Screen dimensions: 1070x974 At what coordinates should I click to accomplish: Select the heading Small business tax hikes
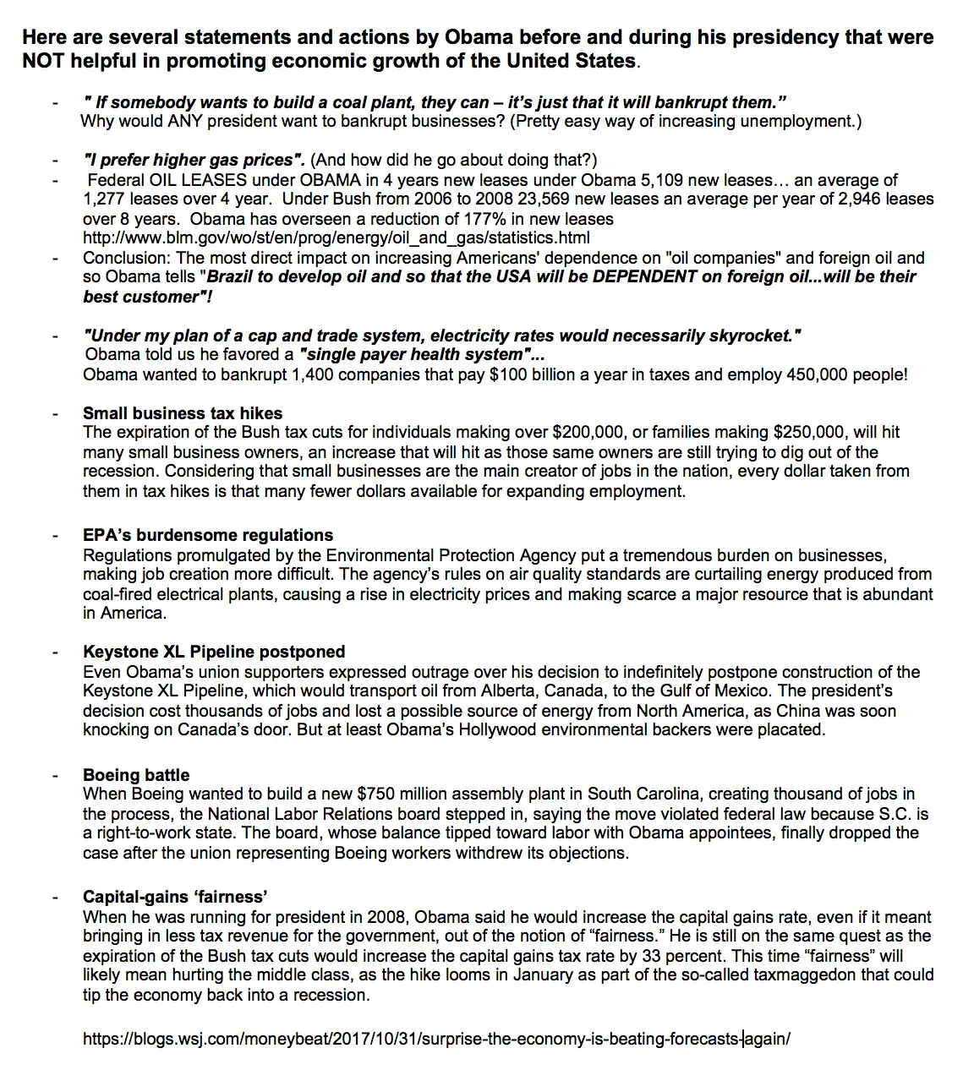pos(183,413)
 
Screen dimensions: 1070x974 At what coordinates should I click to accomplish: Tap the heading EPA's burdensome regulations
pos(208,535)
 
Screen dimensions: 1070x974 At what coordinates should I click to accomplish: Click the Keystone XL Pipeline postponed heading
pos(214,652)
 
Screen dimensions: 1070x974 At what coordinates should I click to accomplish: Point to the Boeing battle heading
pos(136,775)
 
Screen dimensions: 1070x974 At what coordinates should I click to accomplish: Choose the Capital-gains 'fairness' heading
pos(175,897)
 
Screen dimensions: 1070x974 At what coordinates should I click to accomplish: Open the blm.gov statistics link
pos(336,237)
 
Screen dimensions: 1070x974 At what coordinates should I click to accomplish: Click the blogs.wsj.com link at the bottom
pos(436,1039)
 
